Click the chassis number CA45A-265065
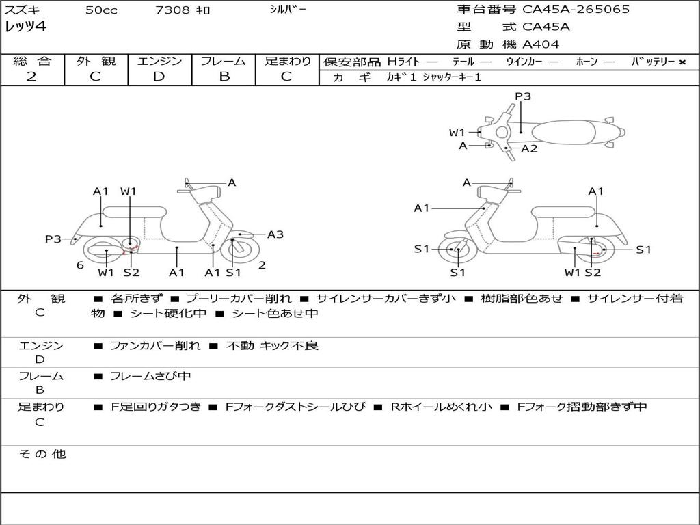576,10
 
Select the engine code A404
541,44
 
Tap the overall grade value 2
31,77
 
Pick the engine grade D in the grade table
159,77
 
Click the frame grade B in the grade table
224,77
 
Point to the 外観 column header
96,62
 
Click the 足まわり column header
288,62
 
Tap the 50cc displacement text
101,10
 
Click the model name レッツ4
25,27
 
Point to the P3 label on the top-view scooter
523,96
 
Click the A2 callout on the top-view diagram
529,148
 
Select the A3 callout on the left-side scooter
275,234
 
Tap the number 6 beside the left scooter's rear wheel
80,265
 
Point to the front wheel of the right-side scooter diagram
457,250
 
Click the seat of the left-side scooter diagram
134,211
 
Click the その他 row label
42,454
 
